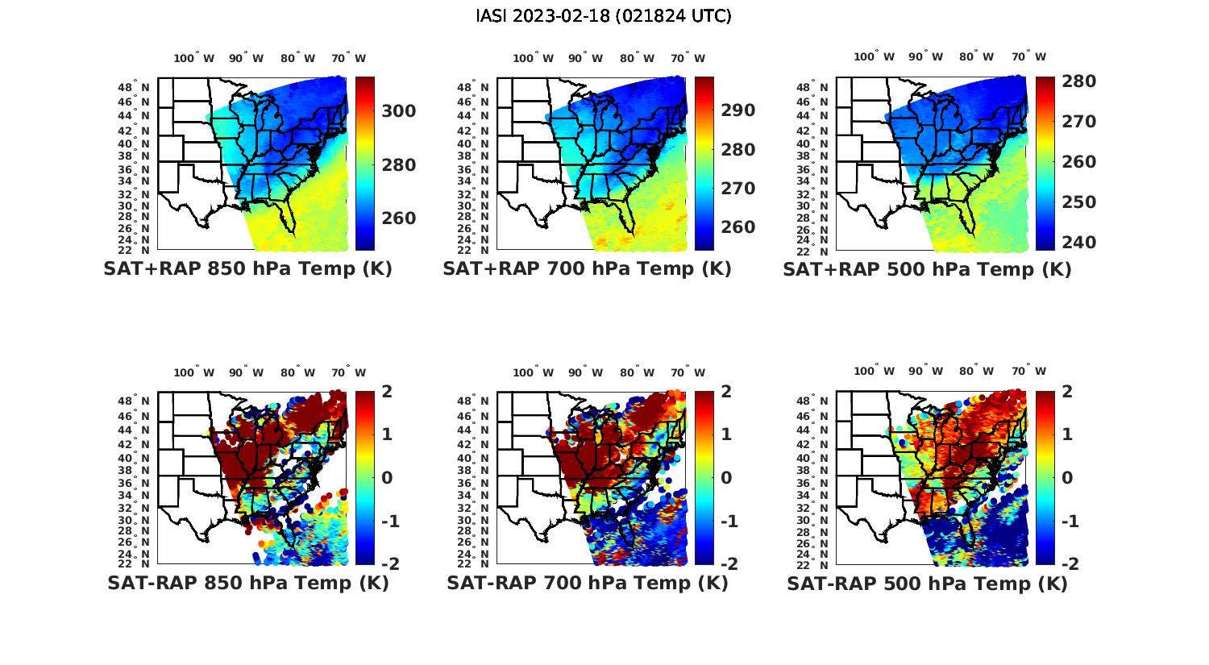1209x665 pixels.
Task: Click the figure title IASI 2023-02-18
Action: pos(604,16)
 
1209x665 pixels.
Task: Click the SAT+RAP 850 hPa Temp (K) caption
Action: pos(247,269)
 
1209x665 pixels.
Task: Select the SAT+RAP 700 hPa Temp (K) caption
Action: pos(587,269)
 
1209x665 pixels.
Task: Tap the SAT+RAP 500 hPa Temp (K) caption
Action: pos(927,269)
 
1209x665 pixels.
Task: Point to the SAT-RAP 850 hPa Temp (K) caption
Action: pos(247,583)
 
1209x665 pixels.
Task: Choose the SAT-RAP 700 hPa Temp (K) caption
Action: pos(587,583)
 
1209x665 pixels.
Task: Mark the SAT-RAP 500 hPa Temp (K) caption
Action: pos(927,583)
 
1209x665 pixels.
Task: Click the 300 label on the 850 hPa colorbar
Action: pos(398,111)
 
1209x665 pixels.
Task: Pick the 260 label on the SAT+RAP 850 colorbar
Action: pos(398,218)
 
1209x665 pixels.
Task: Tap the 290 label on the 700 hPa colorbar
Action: pos(737,110)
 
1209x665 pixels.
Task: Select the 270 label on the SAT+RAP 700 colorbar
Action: pos(737,189)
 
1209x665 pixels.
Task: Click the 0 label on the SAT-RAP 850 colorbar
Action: pos(387,477)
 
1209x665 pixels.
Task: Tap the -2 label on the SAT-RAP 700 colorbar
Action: pos(728,563)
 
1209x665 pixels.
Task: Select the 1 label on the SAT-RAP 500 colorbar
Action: pos(1067,434)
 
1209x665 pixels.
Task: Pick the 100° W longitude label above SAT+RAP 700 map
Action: pos(533,58)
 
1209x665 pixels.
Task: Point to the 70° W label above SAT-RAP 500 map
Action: pos(1028,372)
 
